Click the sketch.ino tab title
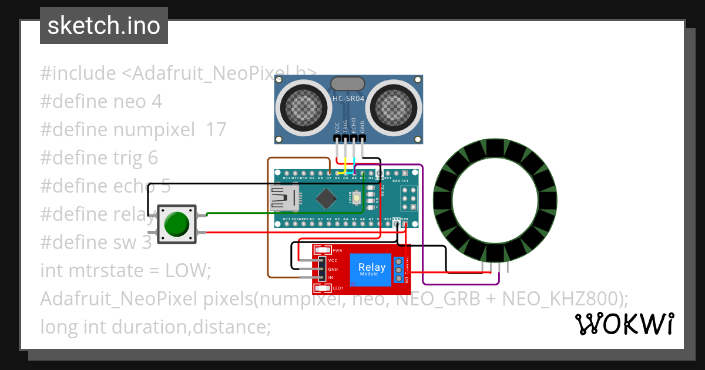pos(103,26)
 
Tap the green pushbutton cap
pos(176,224)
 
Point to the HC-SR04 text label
pos(349,100)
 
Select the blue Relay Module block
pos(372,270)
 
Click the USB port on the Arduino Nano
pos(284,198)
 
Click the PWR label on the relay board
pos(337,250)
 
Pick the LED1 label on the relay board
pos(337,288)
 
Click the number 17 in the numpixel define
pos(216,130)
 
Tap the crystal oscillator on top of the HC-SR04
pos(348,83)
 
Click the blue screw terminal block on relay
pos(399,270)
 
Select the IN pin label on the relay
pos(331,277)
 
